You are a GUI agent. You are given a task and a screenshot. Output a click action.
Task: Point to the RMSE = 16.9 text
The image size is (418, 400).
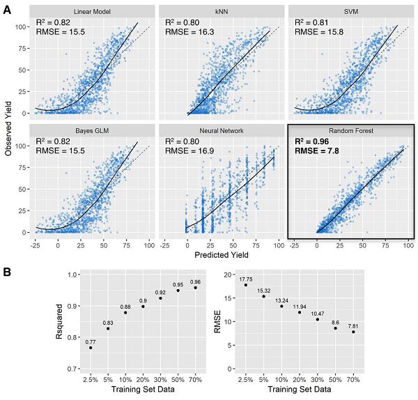tap(194, 153)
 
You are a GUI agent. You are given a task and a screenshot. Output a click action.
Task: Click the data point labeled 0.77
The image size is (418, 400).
tap(91, 347)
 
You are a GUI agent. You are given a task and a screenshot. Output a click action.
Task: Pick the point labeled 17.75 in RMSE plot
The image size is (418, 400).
tap(246, 284)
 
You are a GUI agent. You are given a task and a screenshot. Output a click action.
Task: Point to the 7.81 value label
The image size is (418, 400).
tap(353, 325)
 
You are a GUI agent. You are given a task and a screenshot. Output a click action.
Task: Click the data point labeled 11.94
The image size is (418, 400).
tap(300, 312)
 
